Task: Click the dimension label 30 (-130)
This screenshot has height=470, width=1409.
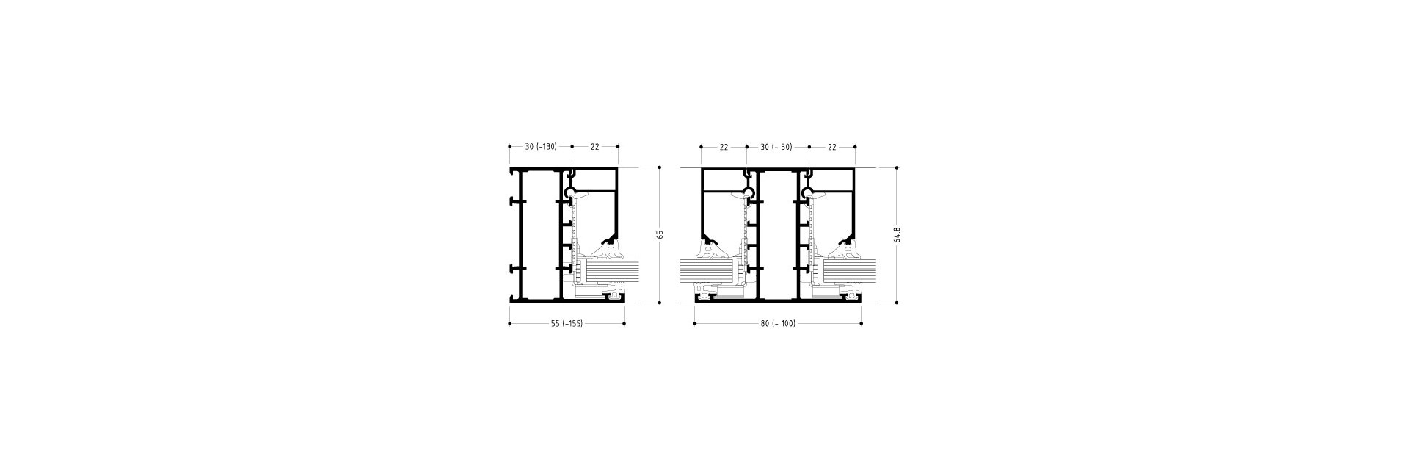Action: [541, 147]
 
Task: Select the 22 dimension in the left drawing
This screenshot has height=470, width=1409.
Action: [595, 147]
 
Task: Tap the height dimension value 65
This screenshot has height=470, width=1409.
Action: [660, 234]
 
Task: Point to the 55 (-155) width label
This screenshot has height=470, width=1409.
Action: [567, 324]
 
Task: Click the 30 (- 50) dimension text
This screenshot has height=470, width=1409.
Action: [776, 147]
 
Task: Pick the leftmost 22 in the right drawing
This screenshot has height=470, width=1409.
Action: [724, 147]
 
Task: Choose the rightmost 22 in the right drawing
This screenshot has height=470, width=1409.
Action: [832, 147]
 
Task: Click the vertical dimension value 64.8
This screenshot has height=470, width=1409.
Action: [897, 234]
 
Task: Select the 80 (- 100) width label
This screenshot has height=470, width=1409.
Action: [778, 324]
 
